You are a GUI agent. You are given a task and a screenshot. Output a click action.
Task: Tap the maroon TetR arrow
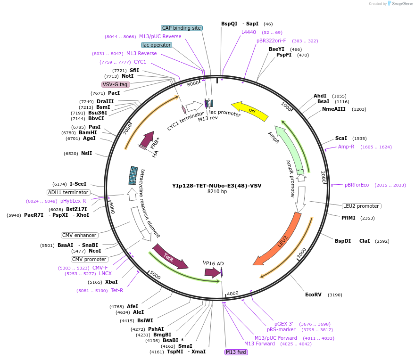169,256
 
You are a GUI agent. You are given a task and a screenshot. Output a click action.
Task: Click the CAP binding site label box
182,28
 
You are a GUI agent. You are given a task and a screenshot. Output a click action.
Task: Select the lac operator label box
156,45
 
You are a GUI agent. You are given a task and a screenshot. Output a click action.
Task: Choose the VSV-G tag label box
116,84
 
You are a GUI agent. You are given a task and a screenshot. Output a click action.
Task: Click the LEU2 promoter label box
362,206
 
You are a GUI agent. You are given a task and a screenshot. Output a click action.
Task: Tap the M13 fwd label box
236,352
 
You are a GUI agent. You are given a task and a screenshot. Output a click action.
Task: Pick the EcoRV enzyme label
313,295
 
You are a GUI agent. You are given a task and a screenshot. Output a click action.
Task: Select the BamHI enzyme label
88,132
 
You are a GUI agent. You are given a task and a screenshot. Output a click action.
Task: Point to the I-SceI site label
78,184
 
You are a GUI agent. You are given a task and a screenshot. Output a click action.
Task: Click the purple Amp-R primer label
346,147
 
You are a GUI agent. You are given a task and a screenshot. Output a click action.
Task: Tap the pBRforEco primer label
357,185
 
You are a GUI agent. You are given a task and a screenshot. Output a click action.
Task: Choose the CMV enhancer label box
79,235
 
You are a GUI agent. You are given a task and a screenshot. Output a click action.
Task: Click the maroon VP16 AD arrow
213,272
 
